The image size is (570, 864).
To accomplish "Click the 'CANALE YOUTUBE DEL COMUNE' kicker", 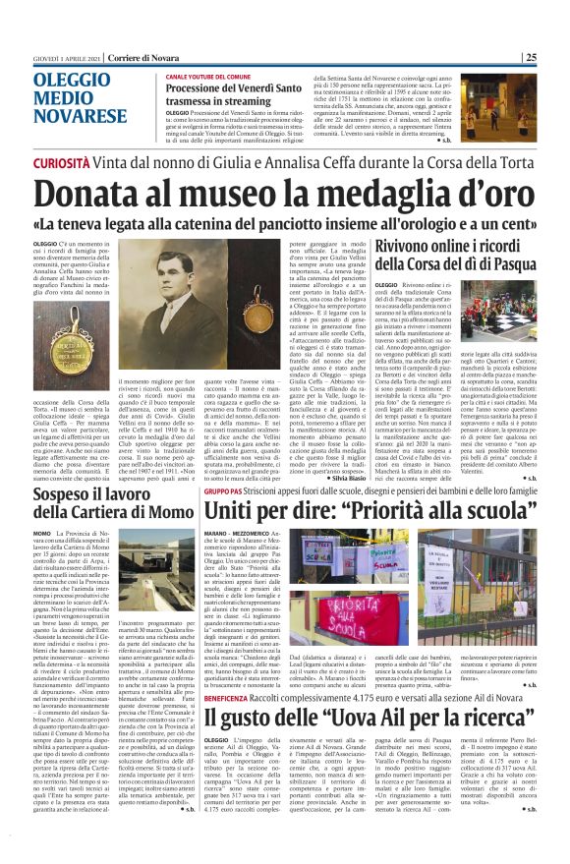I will [x=212, y=75].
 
